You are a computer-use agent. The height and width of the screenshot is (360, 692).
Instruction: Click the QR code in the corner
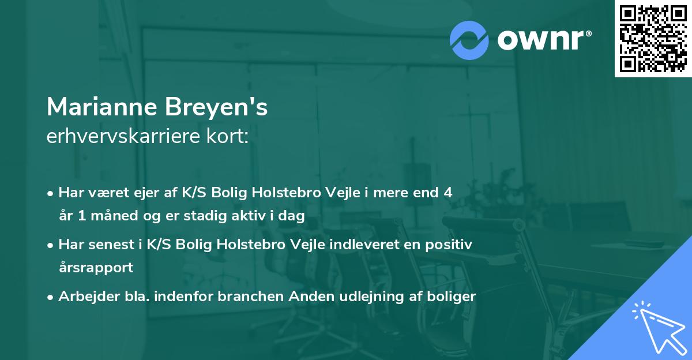pyautogui.click(x=653, y=38)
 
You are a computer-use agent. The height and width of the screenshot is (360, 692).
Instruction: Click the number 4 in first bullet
pyautogui.click(x=447, y=193)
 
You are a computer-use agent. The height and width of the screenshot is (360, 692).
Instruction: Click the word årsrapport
pyautogui.click(x=96, y=267)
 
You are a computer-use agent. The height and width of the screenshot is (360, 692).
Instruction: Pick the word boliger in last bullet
pyautogui.click(x=450, y=297)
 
